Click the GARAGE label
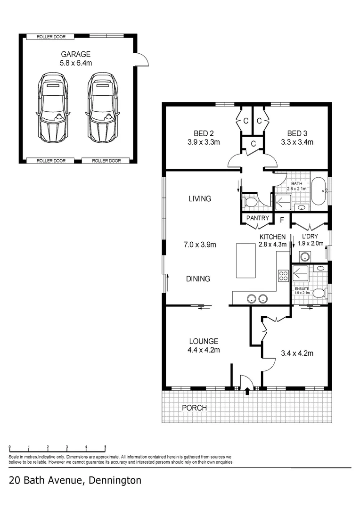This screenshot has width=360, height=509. [78, 54]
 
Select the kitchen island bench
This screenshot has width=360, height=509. [246, 261]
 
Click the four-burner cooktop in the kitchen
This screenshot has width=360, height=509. [283, 275]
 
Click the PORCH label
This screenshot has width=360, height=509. [194, 407]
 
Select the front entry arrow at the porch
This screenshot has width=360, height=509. [247, 390]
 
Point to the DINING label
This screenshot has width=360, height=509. [197, 279]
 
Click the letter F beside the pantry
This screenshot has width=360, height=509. [282, 219]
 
